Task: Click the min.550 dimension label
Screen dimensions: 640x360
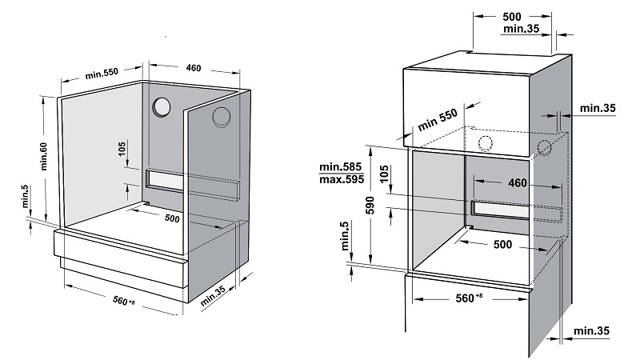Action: point(102,74)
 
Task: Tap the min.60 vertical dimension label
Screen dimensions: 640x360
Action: point(44,156)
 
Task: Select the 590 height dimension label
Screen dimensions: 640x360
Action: point(370,205)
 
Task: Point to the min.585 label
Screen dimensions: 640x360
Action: point(341,166)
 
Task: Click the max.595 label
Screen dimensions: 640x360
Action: point(342,179)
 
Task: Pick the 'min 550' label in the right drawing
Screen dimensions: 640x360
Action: point(437,119)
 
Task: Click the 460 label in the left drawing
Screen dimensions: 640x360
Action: point(194,68)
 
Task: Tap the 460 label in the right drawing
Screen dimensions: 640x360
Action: point(518,182)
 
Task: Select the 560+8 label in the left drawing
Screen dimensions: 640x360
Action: point(123,302)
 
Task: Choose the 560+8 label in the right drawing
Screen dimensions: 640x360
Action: point(469,298)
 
